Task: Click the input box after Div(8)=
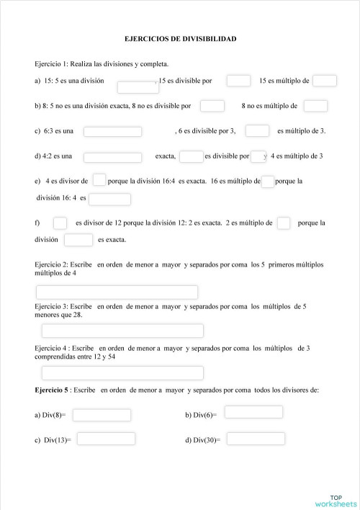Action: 102,415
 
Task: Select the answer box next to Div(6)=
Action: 253,412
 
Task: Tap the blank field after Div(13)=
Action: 106,439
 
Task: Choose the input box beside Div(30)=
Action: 256,439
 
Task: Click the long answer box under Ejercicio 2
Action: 117,292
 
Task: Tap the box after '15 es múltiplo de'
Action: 325,81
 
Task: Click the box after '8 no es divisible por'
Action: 212,106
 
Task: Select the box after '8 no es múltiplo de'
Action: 315,106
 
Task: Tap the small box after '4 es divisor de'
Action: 99,180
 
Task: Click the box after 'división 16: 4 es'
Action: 109,199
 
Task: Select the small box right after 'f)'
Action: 60,223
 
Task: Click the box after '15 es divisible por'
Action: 238,81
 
